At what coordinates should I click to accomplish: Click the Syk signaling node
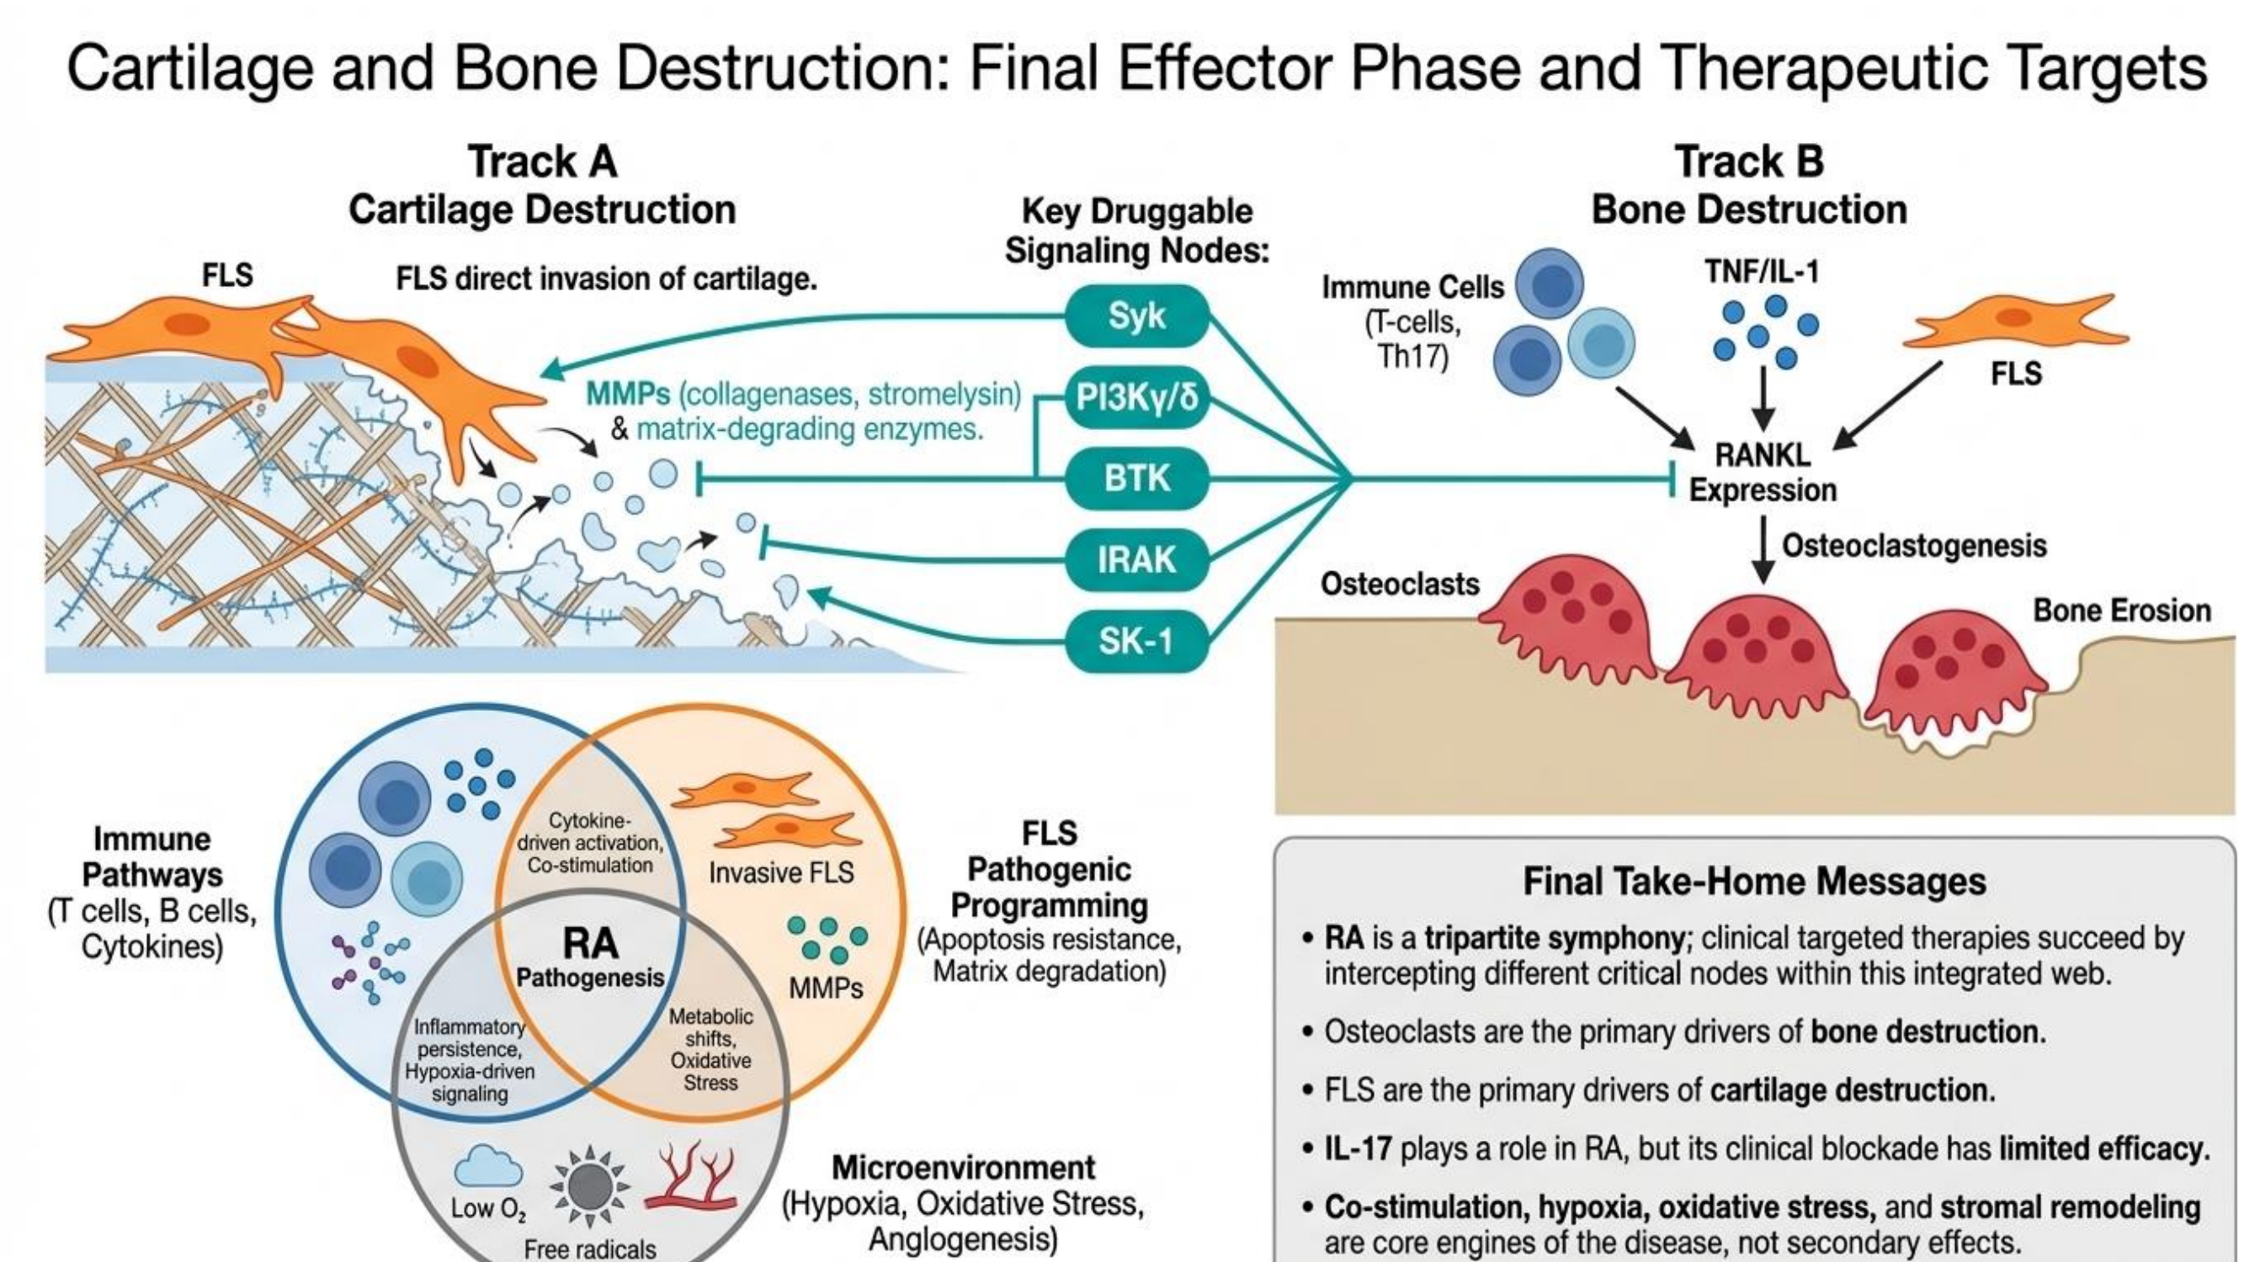click(1136, 315)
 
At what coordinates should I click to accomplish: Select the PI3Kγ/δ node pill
click(1136, 397)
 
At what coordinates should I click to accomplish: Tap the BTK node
click(1136, 478)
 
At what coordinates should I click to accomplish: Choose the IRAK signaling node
click(1136, 559)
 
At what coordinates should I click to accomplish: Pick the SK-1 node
click(1136, 641)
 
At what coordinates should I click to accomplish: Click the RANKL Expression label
click(1763, 472)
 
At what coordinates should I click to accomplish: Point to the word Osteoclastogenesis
click(1914, 546)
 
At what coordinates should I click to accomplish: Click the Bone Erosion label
click(2122, 611)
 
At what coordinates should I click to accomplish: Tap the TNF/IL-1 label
click(1763, 273)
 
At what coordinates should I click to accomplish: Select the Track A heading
click(542, 162)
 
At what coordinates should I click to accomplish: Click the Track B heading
click(1749, 162)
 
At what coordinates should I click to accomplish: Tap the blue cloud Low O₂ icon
click(489, 1167)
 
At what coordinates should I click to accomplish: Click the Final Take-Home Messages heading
click(1754, 882)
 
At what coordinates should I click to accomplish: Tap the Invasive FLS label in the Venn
click(780, 872)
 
